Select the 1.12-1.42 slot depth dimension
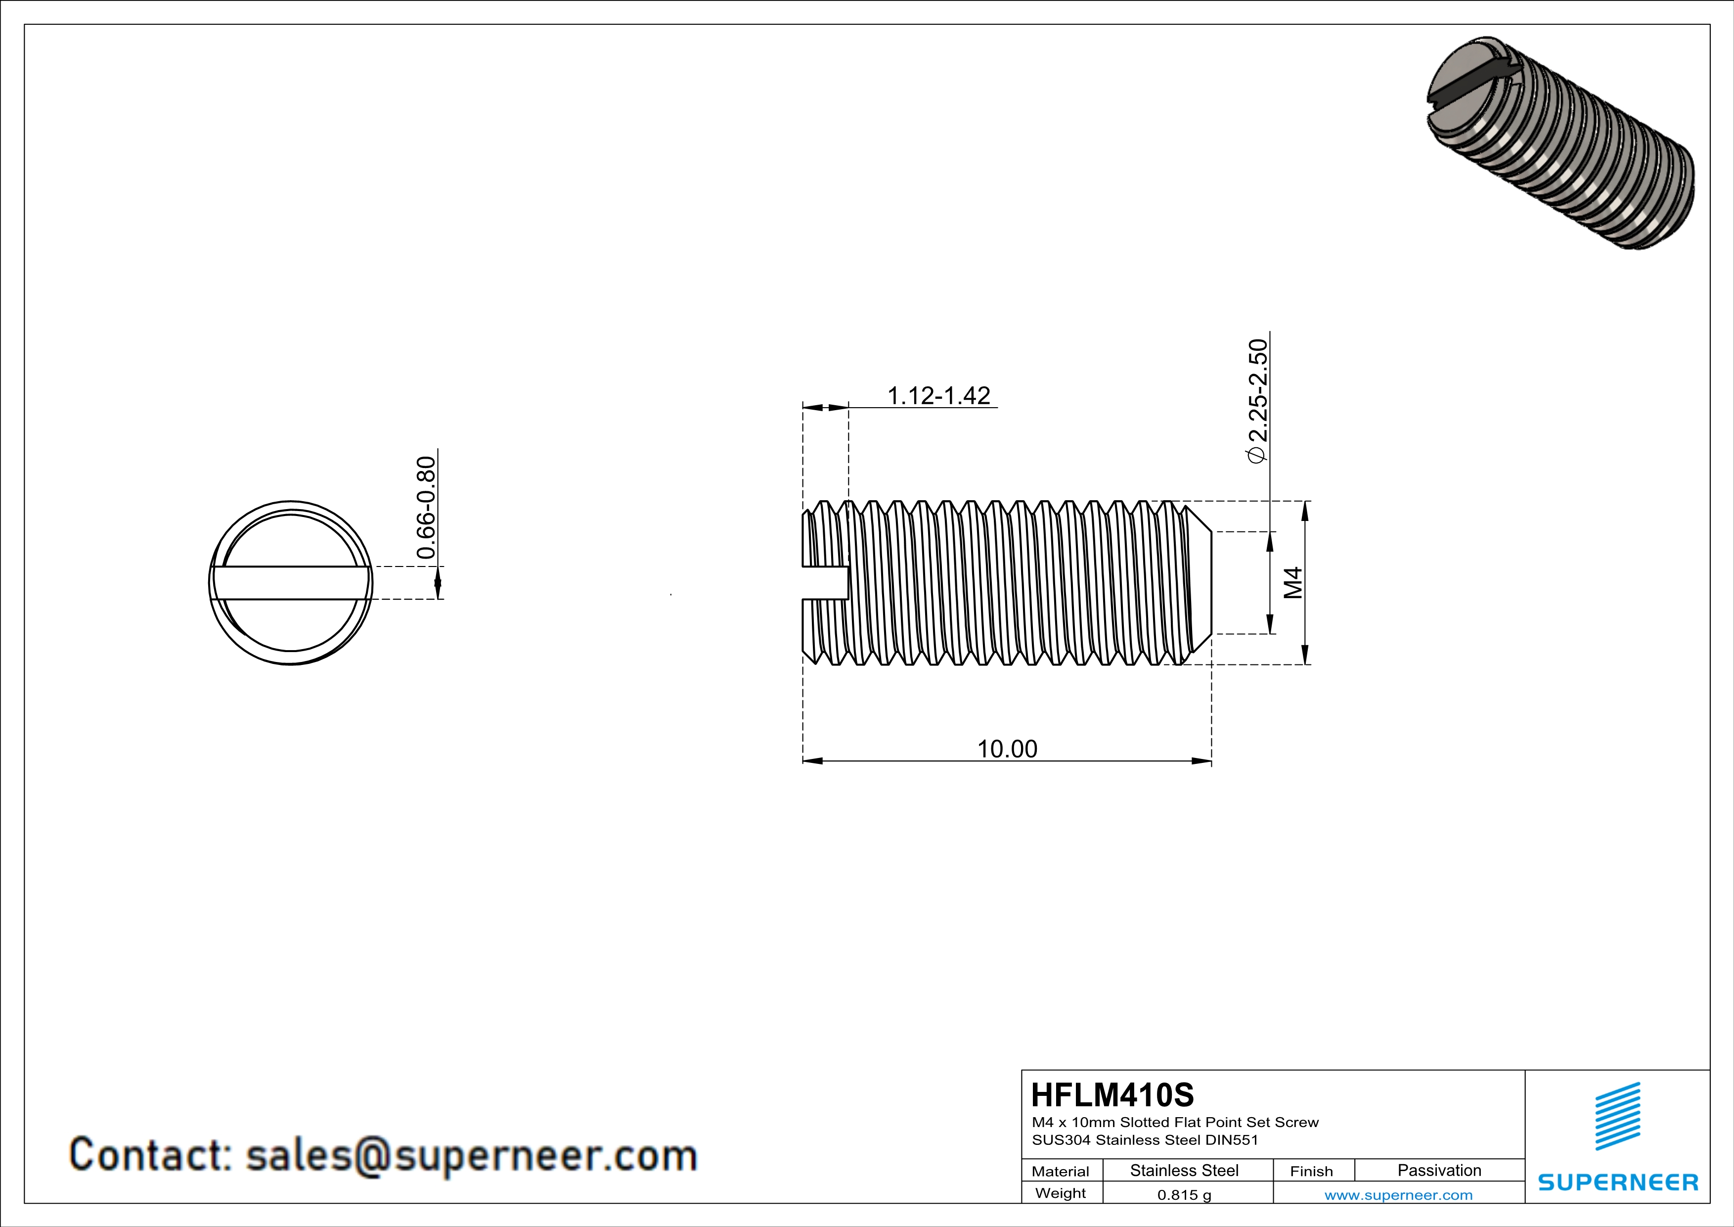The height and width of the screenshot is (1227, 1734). click(x=938, y=395)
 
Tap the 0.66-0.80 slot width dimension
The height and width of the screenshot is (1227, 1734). click(x=426, y=507)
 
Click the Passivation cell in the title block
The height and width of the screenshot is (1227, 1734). click(x=1439, y=1170)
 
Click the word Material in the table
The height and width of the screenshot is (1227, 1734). click(x=1061, y=1171)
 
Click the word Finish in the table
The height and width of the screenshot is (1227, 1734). click(x=1311, y=1171)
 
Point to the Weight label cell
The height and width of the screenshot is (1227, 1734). click(x=1061, y=1193)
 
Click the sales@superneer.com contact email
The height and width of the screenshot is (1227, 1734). click(x=471, y=1155)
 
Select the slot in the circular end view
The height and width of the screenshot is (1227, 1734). click(x=291, y=582)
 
